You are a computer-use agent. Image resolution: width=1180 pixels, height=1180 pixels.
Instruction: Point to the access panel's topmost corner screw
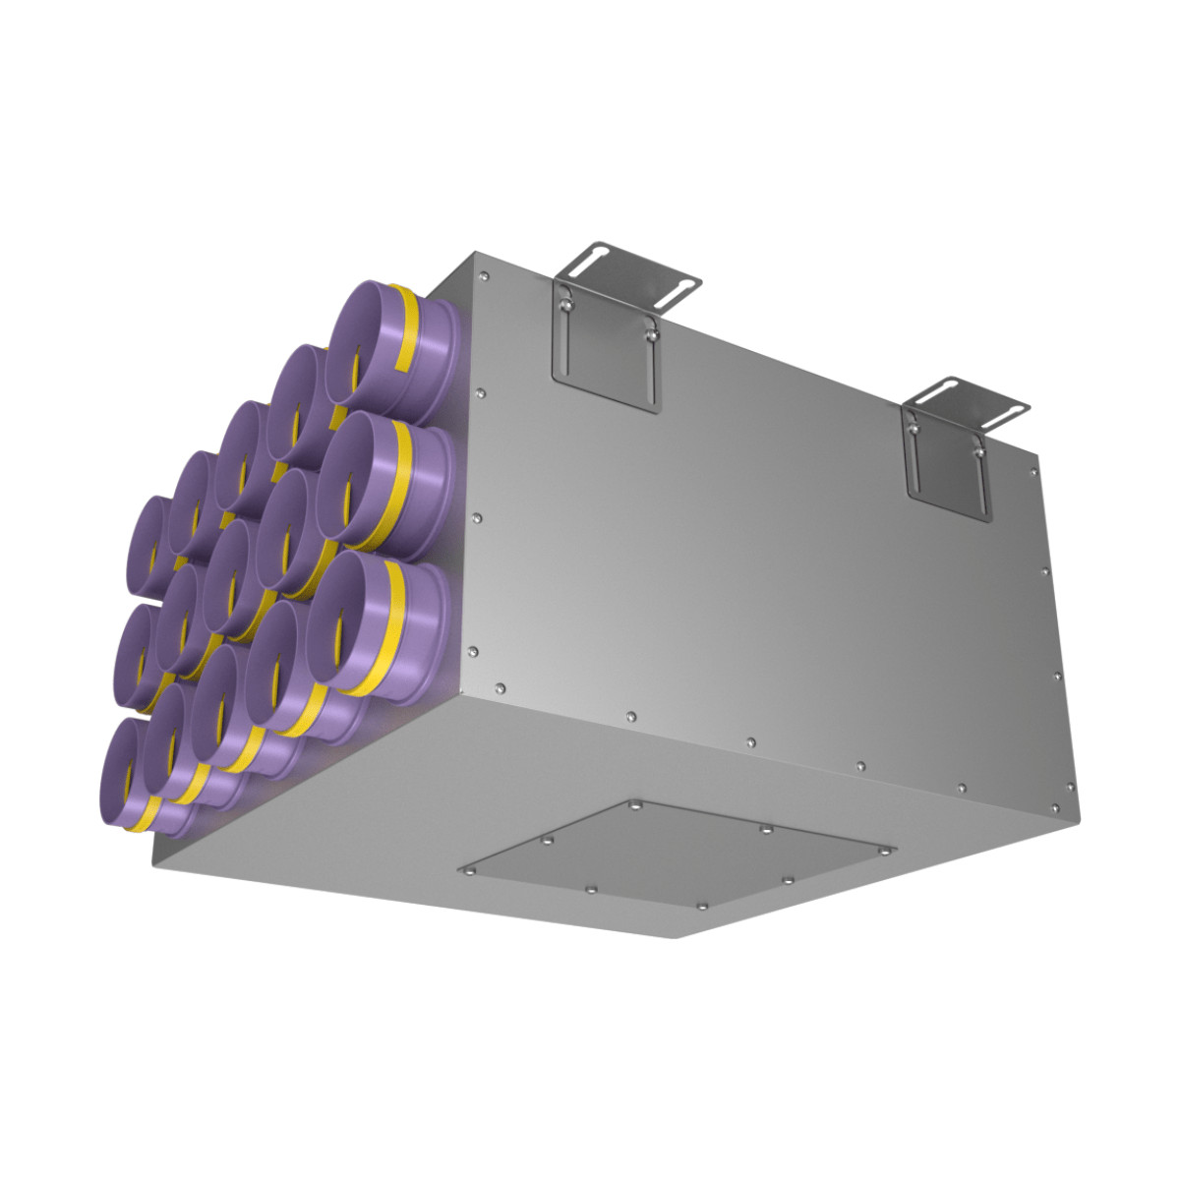[635, 804]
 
